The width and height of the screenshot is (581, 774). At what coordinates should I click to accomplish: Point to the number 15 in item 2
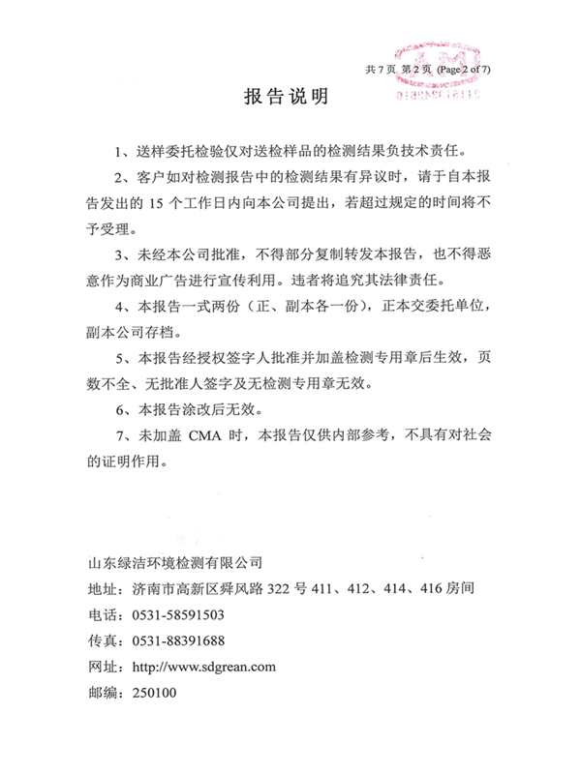point(160,204)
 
